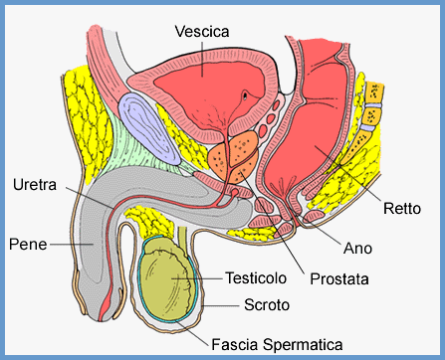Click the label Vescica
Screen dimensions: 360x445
point(202,32)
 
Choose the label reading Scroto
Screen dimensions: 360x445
point(266,304)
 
